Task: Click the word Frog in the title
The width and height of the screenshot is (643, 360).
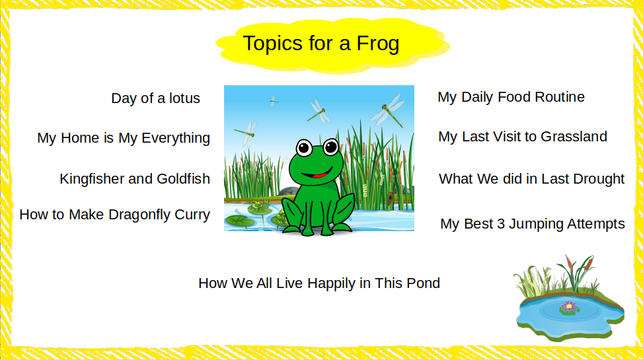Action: click(x=378, y=44)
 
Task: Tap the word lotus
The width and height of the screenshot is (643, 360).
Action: click(x=184, y=98)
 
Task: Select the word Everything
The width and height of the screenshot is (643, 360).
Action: click(x=176, y=139)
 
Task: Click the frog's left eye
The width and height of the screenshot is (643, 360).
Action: click(x=304, y=147)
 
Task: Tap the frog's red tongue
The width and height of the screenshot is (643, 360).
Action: click(x=321, y=176)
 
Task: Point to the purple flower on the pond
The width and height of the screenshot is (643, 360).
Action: click(x=569, y=306)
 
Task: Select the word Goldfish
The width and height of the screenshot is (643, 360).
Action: click(x=183, y=179)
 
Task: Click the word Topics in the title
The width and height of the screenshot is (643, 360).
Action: click(x=273, y=44)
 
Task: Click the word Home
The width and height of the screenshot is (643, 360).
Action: click(x=80, y=138)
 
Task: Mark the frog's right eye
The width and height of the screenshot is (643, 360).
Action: click(x=330, y=147)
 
